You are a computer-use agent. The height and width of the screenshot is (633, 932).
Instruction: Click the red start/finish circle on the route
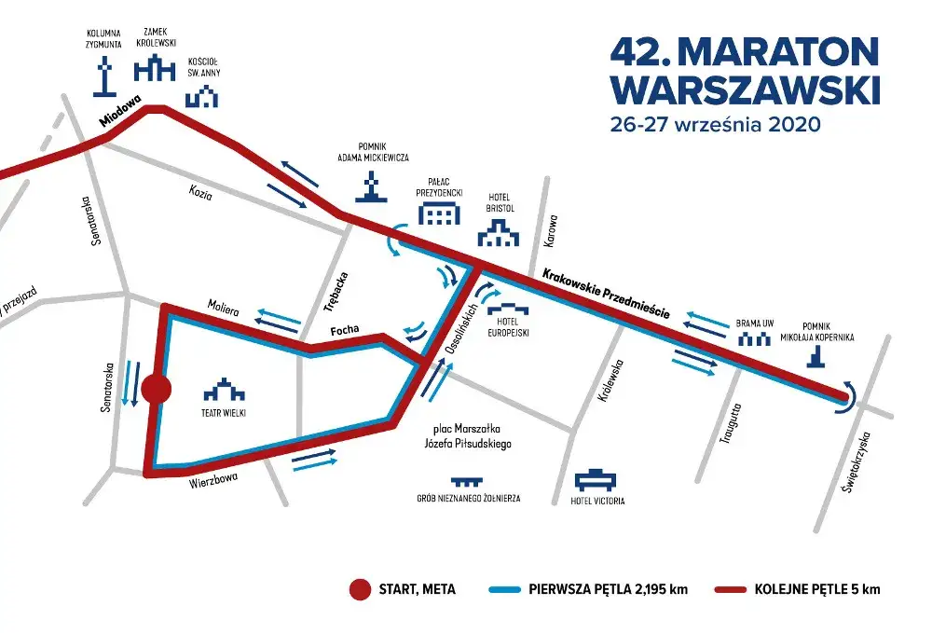tap(156, 391)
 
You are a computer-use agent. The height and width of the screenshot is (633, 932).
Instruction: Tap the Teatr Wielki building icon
tap(224, 388)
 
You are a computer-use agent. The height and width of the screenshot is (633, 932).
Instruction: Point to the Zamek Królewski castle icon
tap(155, 69)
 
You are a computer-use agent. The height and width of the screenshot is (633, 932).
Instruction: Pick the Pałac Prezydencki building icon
tap(439, 214)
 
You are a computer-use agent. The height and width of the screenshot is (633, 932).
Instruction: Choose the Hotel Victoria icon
tap(596, 480)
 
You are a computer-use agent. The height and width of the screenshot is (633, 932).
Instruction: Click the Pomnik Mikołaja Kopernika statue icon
tap(816, 356)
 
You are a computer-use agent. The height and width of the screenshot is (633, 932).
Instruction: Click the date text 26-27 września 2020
tap(713, 124)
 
